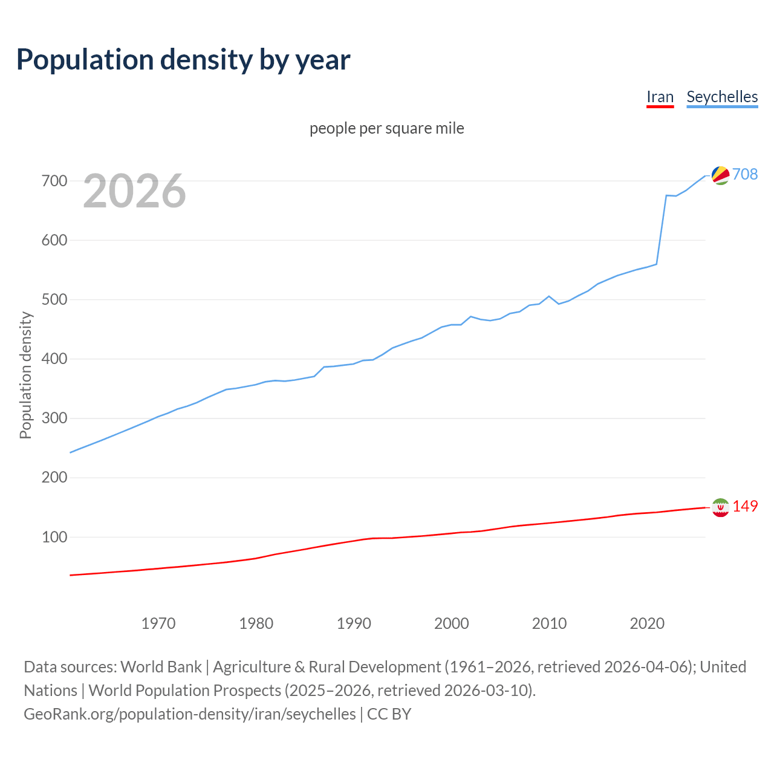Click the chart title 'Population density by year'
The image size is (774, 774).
[x=183, y=59]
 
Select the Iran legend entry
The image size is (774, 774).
[x=660, y=97]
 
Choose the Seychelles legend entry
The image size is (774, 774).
[x=722, y=97]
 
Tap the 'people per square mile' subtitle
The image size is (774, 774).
[x=386, y=128]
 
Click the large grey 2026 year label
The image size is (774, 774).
[x=134, y=191]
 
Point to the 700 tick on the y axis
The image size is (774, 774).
[x=54, y=181]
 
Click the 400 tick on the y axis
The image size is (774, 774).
[x=54, y=359]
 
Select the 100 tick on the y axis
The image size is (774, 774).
[x=54, y=537]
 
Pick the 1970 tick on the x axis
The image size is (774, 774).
[x=158, y=623]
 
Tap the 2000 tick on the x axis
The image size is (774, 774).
[x=452, y=623]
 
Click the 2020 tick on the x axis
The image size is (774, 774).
[x=647, y=623]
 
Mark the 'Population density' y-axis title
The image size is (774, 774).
[x=25, y=375]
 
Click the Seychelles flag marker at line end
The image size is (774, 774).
[x=720, y=175]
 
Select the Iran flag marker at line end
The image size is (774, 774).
[x=720, y=507]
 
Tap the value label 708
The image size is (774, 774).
[x=745, y=174]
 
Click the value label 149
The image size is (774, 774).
[x=745, y=506]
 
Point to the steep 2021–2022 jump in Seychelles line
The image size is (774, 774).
[x=662, y=230]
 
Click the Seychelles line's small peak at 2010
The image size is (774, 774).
[x=549, y=296]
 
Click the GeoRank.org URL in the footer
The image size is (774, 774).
[x=190, y=714]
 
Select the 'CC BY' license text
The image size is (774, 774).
[x=389, y=714]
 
